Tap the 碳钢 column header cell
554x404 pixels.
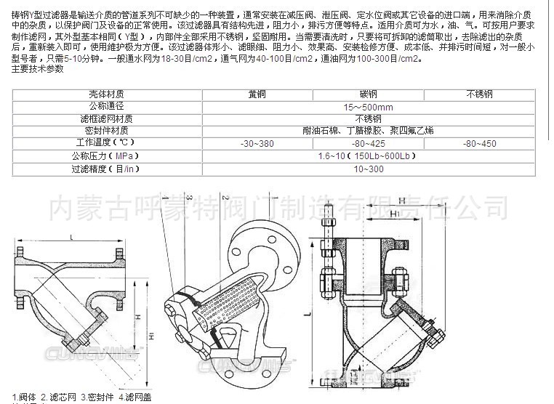368,94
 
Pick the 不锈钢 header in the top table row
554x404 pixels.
479,94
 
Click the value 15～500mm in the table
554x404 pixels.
368,106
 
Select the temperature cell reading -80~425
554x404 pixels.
368,144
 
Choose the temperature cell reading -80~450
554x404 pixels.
479,144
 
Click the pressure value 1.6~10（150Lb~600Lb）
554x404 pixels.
368,156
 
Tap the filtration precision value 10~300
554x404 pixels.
368,169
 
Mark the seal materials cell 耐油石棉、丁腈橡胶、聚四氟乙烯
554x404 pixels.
368,131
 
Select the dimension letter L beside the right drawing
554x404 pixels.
308,310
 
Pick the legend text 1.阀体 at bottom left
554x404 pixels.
25,396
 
